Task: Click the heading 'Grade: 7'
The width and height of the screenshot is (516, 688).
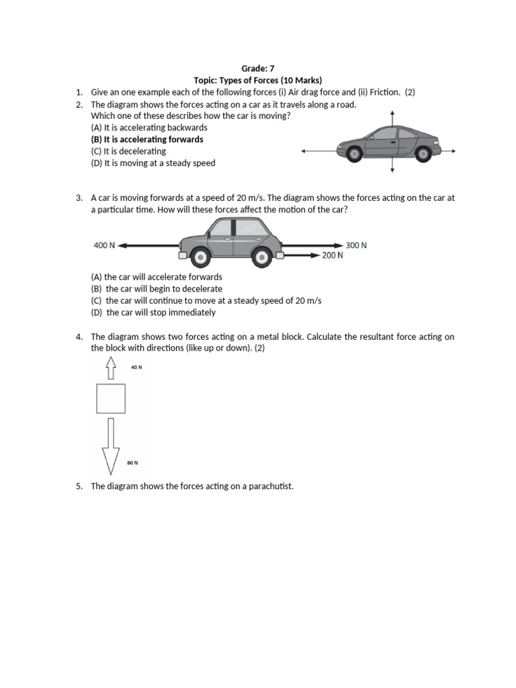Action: tap(258, 68)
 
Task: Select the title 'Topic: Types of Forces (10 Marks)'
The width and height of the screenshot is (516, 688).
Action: tap(258, 80)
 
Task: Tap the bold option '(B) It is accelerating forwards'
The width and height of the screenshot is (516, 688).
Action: tap(146, 139)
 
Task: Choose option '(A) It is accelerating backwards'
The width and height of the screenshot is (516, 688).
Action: tap(148, 127)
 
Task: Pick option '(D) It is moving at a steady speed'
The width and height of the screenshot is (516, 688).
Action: tap(153, 163)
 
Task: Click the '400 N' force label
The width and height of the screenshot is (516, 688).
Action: tap(104, 246)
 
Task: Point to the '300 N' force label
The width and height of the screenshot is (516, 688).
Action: tap(356, 245)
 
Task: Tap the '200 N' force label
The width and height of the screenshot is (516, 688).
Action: tap(332, 255)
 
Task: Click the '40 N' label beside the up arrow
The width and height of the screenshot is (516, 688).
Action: tap(136, 368)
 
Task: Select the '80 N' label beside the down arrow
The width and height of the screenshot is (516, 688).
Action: tap(132, 463)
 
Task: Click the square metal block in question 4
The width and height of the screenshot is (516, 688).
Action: tap(111, 398)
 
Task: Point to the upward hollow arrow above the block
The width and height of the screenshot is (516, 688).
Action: tap(111, 368)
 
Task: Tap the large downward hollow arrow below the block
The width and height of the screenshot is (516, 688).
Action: tap(111, 445)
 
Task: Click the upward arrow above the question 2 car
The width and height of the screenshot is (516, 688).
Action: tap(392, 118)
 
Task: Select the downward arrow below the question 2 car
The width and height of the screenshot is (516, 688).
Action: tap(392, 168)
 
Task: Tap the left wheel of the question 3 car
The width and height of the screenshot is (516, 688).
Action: tap(200, 256)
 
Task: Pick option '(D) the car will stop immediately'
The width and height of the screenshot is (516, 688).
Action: tap(153, 312)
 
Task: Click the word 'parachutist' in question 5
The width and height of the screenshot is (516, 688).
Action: tap(271, 486)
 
